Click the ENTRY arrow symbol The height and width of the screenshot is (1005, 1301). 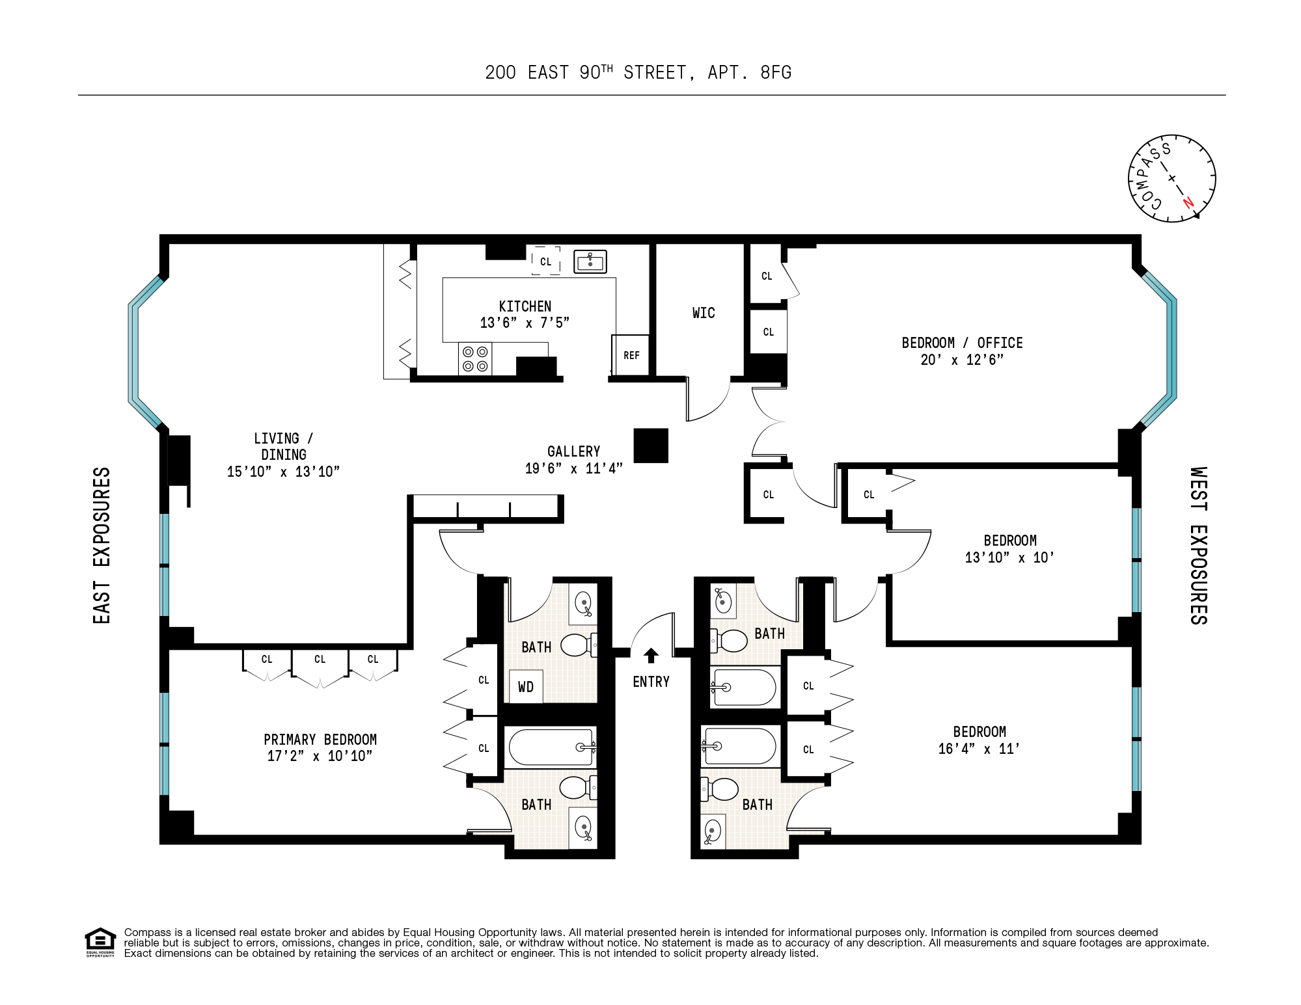(651, 655)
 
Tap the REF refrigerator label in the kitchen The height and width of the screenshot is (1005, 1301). (631, 355)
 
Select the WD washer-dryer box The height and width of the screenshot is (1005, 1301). (526, 686)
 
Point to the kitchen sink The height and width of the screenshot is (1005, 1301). (590, 261)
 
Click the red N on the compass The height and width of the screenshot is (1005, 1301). (1188, 202)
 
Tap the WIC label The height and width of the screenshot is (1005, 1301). (704, 313)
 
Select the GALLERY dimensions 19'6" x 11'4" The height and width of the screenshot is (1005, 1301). (573, 468)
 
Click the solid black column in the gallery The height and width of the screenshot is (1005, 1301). (651, 446)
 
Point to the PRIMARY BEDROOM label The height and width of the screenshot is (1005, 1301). (320, 740)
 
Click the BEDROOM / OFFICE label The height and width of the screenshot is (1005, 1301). (962, 343)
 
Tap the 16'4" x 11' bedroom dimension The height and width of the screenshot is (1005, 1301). (979, 749)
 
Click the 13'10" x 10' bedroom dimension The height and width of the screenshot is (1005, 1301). (1009, 557)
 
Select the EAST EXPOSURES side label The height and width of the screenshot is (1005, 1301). (102, 545)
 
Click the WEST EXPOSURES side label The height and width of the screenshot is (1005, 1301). (1199, 545)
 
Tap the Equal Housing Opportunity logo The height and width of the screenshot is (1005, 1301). (100, 942)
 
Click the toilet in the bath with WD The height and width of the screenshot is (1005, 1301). (577, 645)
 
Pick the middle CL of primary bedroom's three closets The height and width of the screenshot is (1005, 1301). (320, 659)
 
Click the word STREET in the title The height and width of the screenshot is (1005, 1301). (655, 72)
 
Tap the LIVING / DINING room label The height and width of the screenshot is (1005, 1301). (283, 447)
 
